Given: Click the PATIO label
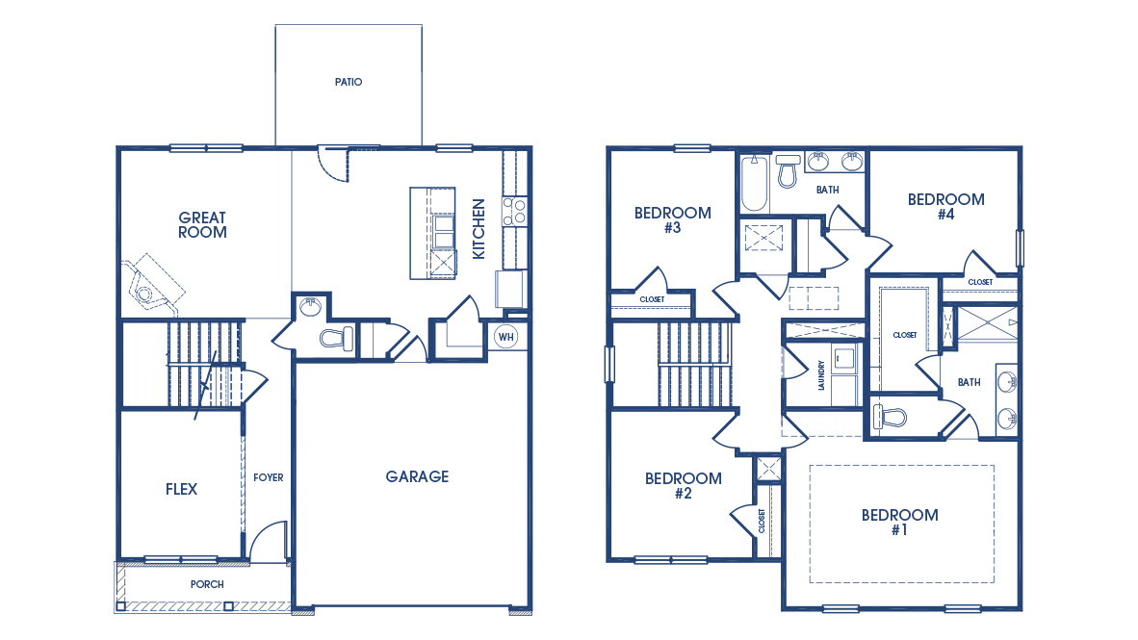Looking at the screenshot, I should coord(349,83).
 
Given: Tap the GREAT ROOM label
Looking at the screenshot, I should coord(202,224).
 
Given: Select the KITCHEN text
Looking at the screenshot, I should coord(478,228).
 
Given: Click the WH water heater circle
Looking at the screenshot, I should coord(506,337).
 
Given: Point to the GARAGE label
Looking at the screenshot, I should coord(417,476).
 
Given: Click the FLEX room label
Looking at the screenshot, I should coord(181,489).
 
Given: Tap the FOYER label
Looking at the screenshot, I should coord(269,477).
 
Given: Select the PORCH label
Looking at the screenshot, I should coord(207,584).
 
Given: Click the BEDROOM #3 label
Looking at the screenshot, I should coord(672,220).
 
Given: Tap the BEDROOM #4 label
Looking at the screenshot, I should coord(945,207).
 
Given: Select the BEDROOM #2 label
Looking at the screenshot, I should coord(683,486).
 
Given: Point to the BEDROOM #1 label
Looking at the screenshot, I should coord(899,523).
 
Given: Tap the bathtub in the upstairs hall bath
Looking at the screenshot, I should coord(755,184).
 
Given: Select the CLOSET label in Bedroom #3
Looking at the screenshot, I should coord(652,299).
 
